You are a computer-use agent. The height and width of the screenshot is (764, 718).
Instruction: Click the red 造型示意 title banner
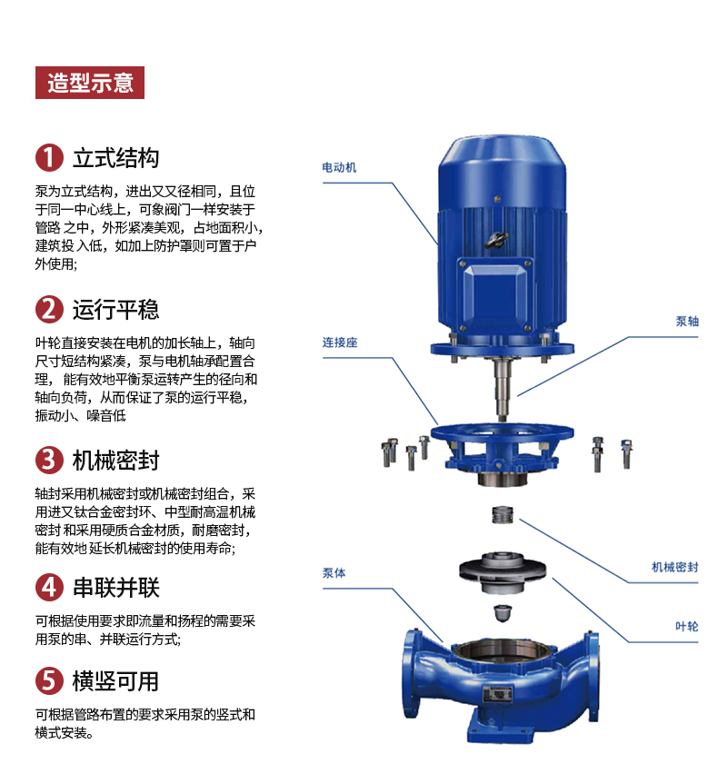tap(90, 83)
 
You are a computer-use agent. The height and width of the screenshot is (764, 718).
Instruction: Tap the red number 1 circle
tap(49, 158)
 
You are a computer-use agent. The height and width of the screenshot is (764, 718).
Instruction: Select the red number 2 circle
tap(49, 309)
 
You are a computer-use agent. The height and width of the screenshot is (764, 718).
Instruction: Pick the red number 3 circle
tap(49, 460)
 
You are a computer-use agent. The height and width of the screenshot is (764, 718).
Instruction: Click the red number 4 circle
tap(49, 587)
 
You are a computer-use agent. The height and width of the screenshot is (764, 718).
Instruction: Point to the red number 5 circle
tap(49, 680)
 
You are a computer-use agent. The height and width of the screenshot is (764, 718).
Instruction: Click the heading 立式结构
tap(116, 158)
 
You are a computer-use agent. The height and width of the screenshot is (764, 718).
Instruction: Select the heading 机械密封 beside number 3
tap(116, 460)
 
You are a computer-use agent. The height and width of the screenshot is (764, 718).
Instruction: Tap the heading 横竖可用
tap(116, 680)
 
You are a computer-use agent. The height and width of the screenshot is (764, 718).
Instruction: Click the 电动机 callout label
tap(339, 168)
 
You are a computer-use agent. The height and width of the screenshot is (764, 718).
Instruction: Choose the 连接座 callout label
tap(340, 342)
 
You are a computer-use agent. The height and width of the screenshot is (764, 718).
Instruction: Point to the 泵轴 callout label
tap(687, 321)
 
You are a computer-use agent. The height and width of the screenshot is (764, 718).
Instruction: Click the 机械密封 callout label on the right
tap(675, 567)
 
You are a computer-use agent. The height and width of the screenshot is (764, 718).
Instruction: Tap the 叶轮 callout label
tap(687, 627)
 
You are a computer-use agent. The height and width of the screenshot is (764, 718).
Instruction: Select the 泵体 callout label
tap(334, 573)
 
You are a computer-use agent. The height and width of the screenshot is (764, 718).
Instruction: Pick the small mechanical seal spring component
tap(502, 515)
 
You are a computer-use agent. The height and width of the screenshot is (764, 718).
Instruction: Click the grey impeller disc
tap(503, 571)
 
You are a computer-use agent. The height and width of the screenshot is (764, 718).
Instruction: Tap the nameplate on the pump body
tap(498, 693)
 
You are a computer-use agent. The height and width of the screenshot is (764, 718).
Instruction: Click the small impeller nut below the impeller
tap(503, 613)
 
